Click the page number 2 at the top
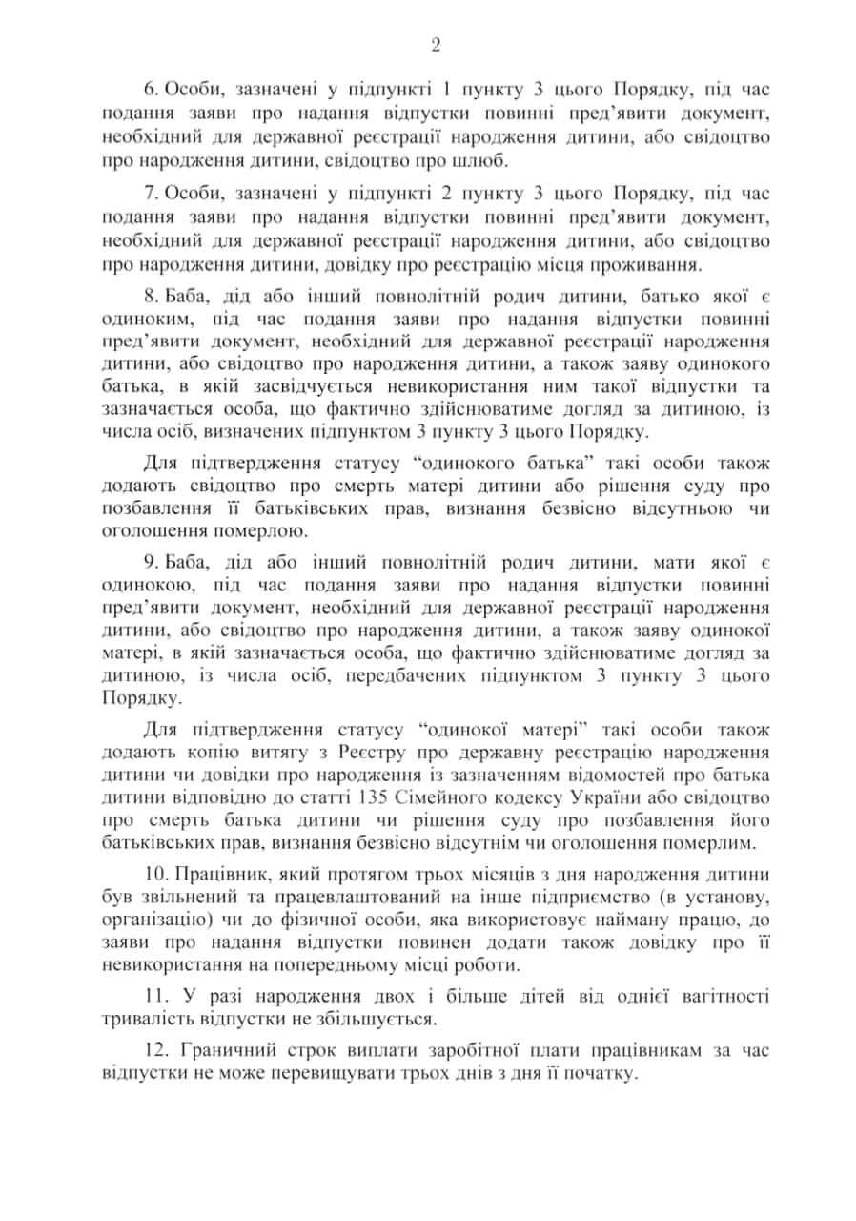coord(436,45)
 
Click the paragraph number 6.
coord(150,92)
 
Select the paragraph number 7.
coord(150,195)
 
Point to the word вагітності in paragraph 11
coord(725,996)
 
